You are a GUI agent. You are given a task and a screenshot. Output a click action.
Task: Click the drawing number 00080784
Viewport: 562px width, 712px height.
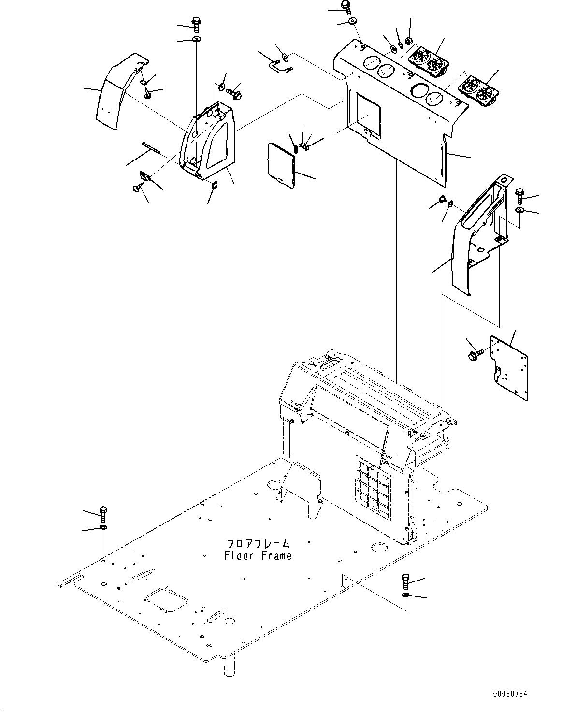[510, 694]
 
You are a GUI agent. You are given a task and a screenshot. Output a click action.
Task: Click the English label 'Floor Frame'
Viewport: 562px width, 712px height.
[258, 556]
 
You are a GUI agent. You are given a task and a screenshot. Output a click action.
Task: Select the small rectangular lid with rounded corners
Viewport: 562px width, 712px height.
[281, 163]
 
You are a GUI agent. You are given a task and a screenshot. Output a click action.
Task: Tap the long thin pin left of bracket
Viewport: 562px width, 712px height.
[152, 148]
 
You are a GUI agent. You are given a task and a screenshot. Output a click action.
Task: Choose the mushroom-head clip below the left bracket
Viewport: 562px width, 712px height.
[137, 187]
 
